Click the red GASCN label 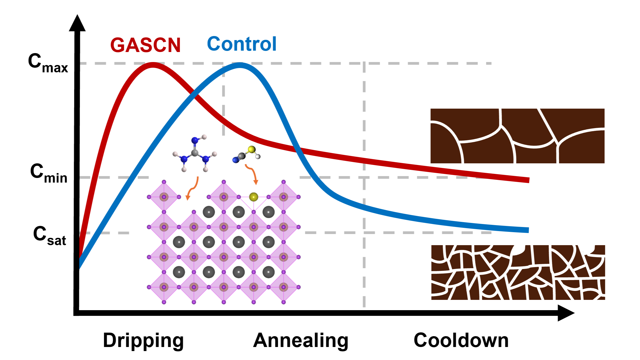[146, 45]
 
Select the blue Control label [242, 44]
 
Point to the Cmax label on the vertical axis [48, 63]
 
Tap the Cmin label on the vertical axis [49, 174]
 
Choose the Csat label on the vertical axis [50, 236]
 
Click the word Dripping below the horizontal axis [143, 341]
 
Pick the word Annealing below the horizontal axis [301, 341]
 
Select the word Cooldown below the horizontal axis [461, 340]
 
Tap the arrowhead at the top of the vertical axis [77, 23]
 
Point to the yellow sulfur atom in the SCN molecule [252, 149]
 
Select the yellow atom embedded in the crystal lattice [253, 197]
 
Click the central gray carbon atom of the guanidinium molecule [195, 153]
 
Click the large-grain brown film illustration [517, 136]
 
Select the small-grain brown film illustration [518, 272]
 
